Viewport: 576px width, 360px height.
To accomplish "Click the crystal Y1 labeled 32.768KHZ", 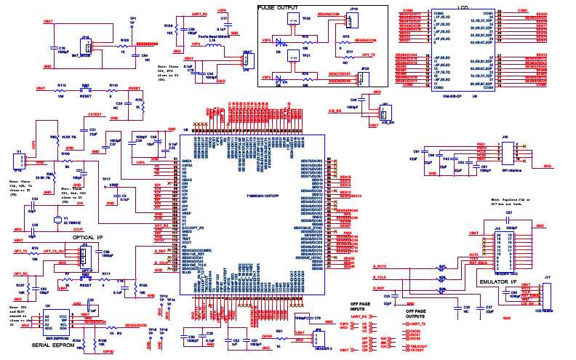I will point(56,220).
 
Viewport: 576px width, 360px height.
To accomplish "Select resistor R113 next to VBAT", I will point(61,89).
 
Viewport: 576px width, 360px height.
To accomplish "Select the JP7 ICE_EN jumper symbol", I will point(385,113).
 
